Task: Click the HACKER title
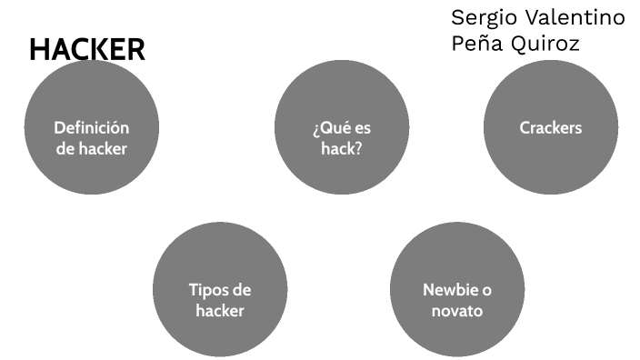87,50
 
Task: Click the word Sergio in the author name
483,18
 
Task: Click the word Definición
91,128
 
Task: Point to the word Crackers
551,128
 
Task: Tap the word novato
457,311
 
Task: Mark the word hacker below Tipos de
220,311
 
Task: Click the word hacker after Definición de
102,148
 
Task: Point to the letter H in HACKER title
39,50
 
